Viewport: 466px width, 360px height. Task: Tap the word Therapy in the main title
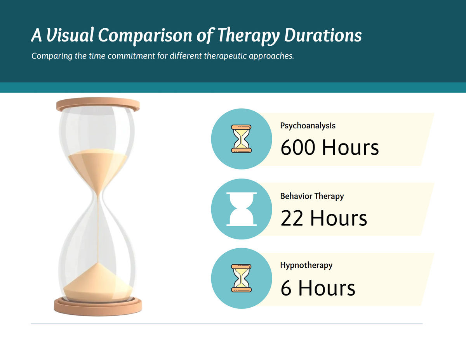tap(248, 35)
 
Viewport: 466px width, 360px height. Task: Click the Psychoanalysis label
tap(308, 126)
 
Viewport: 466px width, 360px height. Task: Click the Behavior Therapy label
tap(312, 196)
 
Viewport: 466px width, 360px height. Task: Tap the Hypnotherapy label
tap(306, 265)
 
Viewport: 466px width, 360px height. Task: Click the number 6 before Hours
tap(286, 288)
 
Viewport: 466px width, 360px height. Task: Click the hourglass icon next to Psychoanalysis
tap(241, 138)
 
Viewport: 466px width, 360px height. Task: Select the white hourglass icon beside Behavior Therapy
tap(241, 209)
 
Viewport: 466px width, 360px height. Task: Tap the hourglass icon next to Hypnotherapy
tap(241, 278)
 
